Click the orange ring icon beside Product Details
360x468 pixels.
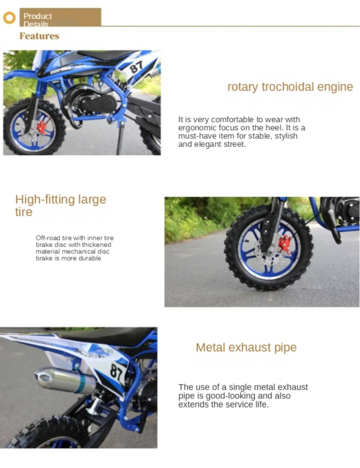click(9, 18)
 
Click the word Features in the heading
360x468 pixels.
click(39, 36)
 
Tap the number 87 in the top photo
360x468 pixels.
click(136, 67)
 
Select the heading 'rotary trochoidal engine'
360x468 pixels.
click(290, 87)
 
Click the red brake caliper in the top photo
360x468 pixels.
click(42, 126)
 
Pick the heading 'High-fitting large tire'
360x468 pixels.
click(60, 205)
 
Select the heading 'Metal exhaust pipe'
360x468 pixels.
click(246, 348)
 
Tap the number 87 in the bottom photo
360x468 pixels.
click(116, 371)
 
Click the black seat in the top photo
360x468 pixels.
click(101, 55)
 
